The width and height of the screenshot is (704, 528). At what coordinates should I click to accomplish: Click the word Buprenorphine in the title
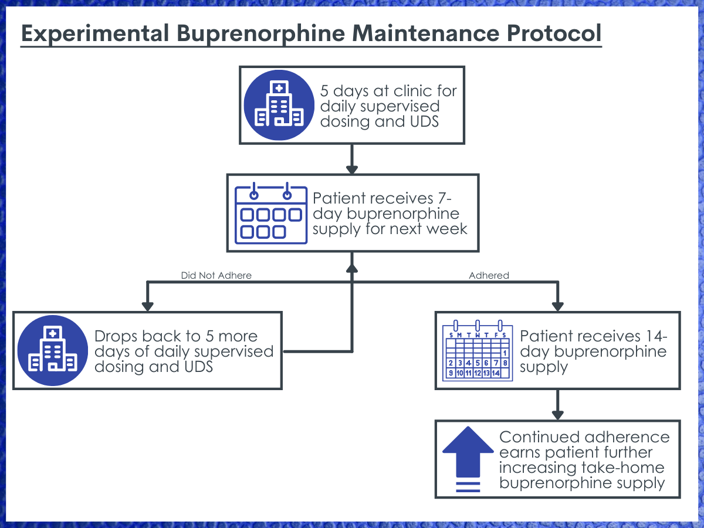pos(260,34)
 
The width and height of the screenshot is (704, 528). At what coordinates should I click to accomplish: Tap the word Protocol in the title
pos(554,33)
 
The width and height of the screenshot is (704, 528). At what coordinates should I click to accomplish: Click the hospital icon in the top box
pos(279,105)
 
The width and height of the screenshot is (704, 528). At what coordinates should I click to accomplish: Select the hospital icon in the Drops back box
pos(53,350)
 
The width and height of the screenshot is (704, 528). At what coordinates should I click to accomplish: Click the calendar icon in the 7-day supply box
pos(270,213)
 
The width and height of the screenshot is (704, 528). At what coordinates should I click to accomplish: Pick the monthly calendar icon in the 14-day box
pos(477,350)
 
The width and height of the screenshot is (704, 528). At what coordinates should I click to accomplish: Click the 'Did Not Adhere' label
pos(216,275)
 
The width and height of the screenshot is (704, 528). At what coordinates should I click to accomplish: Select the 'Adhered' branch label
pos(489,275)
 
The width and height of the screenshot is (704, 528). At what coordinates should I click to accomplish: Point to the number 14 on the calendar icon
pos(496,373)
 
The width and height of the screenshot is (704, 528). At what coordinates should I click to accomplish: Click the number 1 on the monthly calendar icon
pos(505,353)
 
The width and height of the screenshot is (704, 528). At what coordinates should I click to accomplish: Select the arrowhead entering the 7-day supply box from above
pos(352,170)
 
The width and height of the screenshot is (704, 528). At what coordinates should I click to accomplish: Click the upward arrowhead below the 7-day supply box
pos(352,269)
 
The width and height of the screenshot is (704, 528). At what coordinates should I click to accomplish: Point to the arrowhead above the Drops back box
pos(147,306)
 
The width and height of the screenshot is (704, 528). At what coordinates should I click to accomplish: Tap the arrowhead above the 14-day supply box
pos(558,306)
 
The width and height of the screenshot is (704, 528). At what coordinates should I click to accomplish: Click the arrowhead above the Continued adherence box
pos(558,415)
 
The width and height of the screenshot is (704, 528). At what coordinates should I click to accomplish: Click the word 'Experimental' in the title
pos(95,34)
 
